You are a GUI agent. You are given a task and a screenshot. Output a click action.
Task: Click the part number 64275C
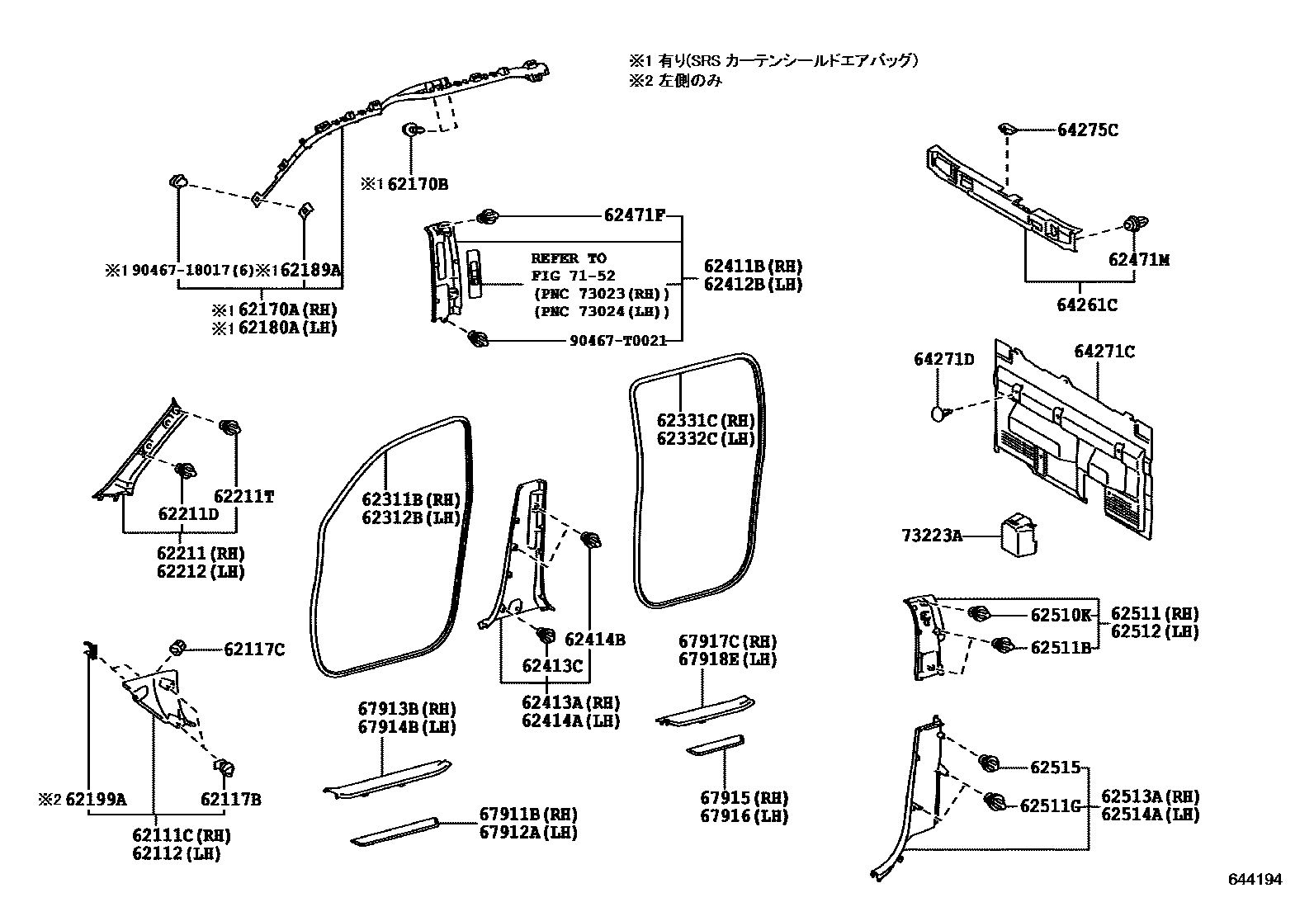(x=1088, y=130)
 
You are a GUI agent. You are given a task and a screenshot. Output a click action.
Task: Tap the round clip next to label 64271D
(x=939, y=413)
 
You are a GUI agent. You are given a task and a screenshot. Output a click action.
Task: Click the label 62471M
(x=1139, y=261)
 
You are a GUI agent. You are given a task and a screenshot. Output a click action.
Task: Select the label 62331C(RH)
(x=706, y=421)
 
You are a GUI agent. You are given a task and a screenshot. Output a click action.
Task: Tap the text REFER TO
(x=568, y=258)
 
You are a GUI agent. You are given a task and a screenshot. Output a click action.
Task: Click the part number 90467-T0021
(x=617, y=340)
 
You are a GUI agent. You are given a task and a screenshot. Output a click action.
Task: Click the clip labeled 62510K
(x=979, y=614)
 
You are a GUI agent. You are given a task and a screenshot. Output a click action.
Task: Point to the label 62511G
(x=1050, y=805)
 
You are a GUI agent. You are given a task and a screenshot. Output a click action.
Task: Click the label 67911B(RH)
(x=528, y=815)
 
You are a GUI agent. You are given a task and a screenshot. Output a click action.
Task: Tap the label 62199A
(x=96, y=799)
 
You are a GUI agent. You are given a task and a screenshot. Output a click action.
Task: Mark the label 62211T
(x=243, y=496)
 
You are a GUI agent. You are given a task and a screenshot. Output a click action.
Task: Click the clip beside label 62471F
(x=488, y=217)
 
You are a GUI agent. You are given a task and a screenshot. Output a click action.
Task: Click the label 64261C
(x=1087, y=305)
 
